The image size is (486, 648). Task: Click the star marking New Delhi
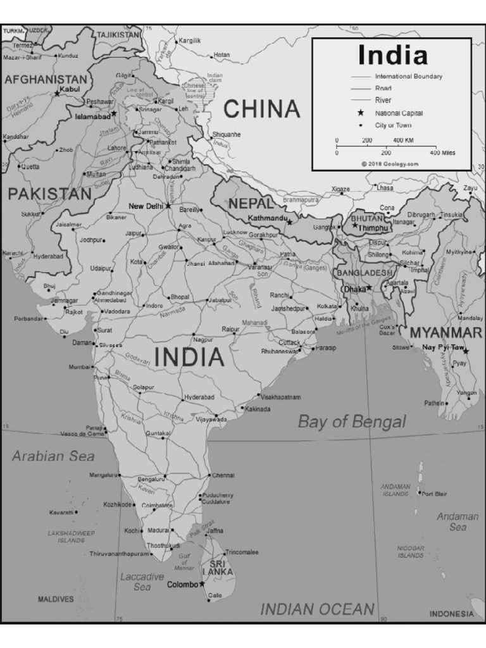pos(168,206)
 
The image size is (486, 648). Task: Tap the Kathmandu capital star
pos(290,222)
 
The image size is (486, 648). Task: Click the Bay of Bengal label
pos(352,421)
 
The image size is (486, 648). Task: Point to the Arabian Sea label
pos(53,456)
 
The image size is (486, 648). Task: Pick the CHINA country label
pos(262,109)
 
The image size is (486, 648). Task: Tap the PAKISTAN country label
pos(50,194)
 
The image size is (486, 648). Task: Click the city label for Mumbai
pos(79,366)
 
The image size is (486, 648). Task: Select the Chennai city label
pos(223,475)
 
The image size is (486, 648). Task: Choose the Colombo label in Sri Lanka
pos(182,585)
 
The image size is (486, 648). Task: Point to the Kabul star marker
pos(56,94)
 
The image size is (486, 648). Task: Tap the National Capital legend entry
pos(399,113)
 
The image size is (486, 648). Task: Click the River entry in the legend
pos(383,100)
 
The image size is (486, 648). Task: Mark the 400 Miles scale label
pos(442,153)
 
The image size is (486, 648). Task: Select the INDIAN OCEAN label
pos(318,609)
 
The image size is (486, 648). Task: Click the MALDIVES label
pos(56,599)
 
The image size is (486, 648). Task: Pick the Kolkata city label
pos(327,306)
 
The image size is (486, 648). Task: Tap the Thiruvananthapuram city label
pos(118,554)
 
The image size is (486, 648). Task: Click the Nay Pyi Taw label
pos(443,347)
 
